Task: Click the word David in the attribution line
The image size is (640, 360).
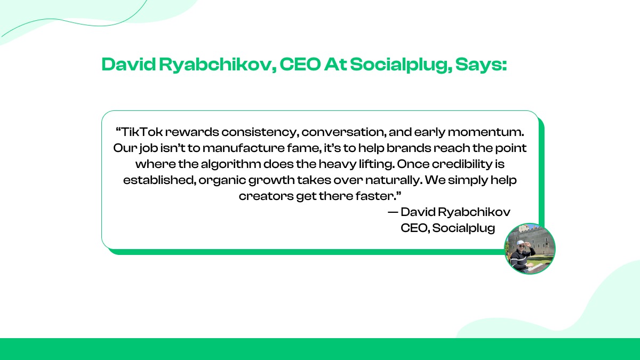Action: (418, 212)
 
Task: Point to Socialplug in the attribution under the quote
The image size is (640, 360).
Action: (463, 228)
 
